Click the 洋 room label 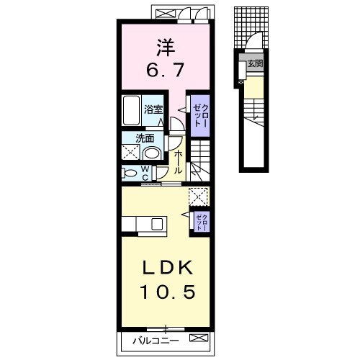166,48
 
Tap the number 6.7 165,70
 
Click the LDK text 168,268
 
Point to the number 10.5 167,292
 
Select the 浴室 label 153,109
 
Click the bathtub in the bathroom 131,110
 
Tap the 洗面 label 145,138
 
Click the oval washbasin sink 152,153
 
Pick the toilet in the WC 130,174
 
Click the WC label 145,173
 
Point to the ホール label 178,162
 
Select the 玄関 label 256,63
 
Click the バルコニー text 156,341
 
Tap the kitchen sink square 157,224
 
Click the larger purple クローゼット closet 200,115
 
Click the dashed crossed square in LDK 198,197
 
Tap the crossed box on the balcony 198,338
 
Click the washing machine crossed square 130,152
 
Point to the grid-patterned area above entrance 251,27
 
